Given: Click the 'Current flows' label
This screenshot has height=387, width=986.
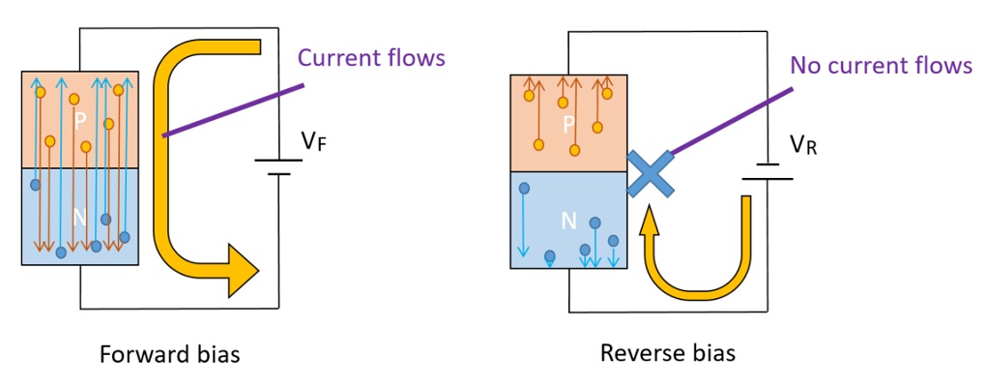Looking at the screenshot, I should pyautogui.click(x=371, y=57).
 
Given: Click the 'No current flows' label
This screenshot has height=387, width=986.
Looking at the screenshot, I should pyautogui.click(x=881, y=66).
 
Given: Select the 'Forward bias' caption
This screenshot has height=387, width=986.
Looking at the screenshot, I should pyautogui.click(x=170, y=354).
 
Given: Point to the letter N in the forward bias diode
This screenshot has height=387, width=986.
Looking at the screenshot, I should pyautogui.click(x=80, y=219).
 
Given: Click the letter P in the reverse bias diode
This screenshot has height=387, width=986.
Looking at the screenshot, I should pyautogui.click(x=568, y=124).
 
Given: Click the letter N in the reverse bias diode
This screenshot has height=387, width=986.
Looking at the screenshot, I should pyautogui.click(x=568, y=222).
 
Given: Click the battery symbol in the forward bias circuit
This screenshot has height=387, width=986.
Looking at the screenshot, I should pyautogui.click(x=278, y=166).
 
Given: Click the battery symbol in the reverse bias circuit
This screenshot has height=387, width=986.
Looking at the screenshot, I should pyautogui.click(x=767, y=172).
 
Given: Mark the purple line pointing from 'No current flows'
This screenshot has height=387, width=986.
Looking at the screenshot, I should pyautogui.click(x=732, y=122).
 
